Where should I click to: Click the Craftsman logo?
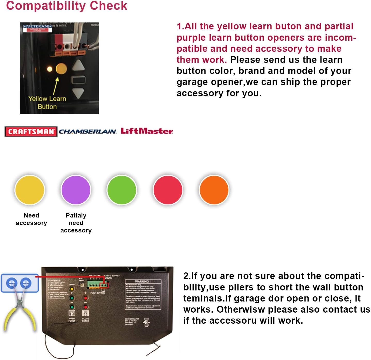[x=31, y=131]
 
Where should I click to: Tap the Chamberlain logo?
[x=88, y=131]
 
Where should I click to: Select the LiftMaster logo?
[x=147, y=131]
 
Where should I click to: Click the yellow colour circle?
[x=30, y=190]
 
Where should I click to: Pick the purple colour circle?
[x=76, y=190]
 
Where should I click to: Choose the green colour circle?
[x=122, y=190]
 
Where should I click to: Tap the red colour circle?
[x=168, y=190]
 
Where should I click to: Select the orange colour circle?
[x=214, y=190]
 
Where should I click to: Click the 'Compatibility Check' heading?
[x=67, y=6]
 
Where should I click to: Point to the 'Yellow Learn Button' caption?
[x=47, y=103]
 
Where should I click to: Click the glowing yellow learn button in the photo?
[x=61, y=69]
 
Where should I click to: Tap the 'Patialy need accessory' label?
[x=76, y=223]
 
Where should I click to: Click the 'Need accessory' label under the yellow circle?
[x=31, y=219]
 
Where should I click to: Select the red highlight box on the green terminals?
[x=104, y=285]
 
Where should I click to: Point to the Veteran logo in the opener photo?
[x=38, y=28]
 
